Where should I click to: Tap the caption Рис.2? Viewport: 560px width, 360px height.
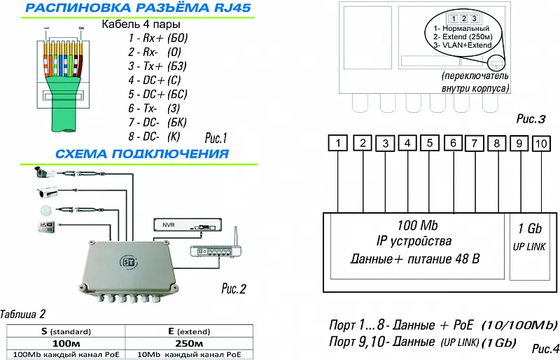point(234,287)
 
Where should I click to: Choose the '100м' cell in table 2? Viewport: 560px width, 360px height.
point(63,344)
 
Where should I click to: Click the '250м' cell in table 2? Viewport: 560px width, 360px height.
point(189,344)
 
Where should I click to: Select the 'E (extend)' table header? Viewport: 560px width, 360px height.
point(189,331)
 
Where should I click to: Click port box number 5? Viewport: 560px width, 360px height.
point(430,144)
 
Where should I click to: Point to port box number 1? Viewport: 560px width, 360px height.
point(338,144)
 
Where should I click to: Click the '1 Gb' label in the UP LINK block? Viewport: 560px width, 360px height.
point(529,229)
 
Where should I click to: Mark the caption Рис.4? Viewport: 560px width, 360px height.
point(545,348)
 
